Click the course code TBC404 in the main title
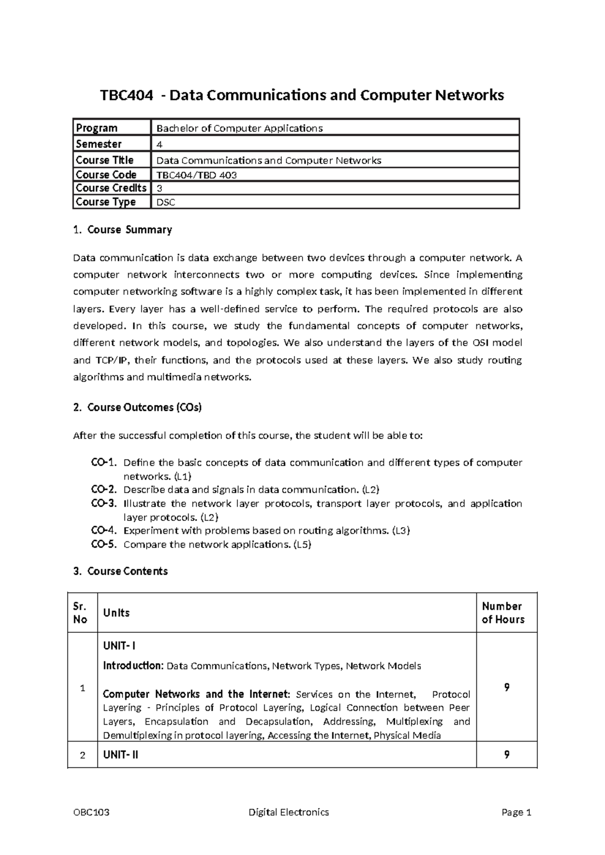point(126,95)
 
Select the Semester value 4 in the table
point(160,144)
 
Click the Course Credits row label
point(111,188)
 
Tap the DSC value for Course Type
point(166,203)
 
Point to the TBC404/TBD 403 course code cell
point(197,175)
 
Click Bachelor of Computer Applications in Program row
point(239,128)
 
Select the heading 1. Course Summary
point(123,230)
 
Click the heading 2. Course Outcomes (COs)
point(137,407)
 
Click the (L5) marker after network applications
point(302,544)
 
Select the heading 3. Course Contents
point(120,571)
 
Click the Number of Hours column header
point(503,613)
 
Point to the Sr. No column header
point(80,613)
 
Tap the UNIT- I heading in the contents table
point(119,646)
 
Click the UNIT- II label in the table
point(120,755)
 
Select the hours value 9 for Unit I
point(507,687)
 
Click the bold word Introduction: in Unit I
point(133,666)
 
